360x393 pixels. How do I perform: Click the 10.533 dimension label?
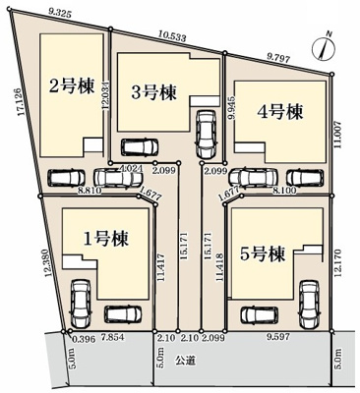(172, 38)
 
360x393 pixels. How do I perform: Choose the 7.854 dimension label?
(105, 337)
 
